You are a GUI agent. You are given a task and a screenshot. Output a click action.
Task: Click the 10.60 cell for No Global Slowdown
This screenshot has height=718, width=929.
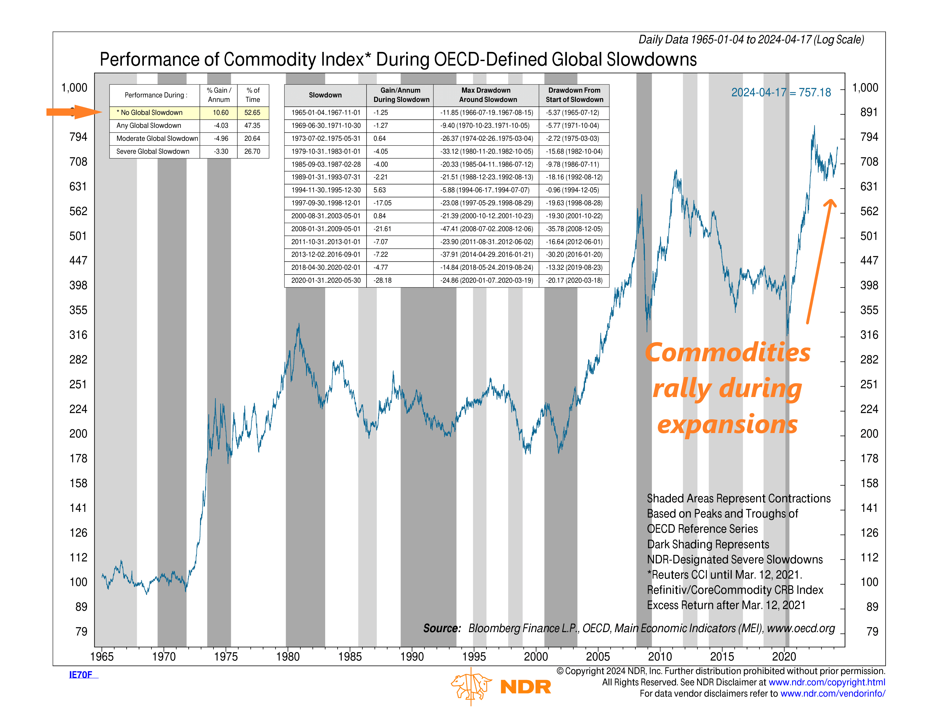(x=220, y=112)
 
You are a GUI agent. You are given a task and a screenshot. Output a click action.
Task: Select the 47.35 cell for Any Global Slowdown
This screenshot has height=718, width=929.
(x=252, y=126)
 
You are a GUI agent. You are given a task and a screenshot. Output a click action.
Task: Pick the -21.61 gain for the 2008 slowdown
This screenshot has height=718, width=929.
(x=382, y=229)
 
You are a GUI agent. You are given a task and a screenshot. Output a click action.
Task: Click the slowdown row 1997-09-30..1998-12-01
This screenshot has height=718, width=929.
(x=326, y=203)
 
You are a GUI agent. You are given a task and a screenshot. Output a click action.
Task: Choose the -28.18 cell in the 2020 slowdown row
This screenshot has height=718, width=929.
(x=382, y=280)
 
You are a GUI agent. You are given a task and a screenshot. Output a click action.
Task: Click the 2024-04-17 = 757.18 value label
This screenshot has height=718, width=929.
(x=781, y=92)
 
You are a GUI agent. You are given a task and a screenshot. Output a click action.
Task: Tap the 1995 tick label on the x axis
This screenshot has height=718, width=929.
(x=474, y=656)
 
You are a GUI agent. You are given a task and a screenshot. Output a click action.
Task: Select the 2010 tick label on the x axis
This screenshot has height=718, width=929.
(x=660, y=656)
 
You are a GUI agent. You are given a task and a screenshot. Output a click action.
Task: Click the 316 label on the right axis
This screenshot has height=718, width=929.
(x=869, y=335)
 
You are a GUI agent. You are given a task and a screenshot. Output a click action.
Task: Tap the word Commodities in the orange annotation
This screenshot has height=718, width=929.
(x=728, y=353)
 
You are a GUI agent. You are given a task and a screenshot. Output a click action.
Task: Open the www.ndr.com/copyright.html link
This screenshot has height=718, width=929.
(x=827, y=682)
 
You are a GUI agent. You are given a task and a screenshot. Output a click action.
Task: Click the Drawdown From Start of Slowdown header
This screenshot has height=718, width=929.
(x=574, y=95)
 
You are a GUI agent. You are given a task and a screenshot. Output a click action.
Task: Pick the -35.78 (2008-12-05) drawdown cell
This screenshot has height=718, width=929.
(x=574, y=229)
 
